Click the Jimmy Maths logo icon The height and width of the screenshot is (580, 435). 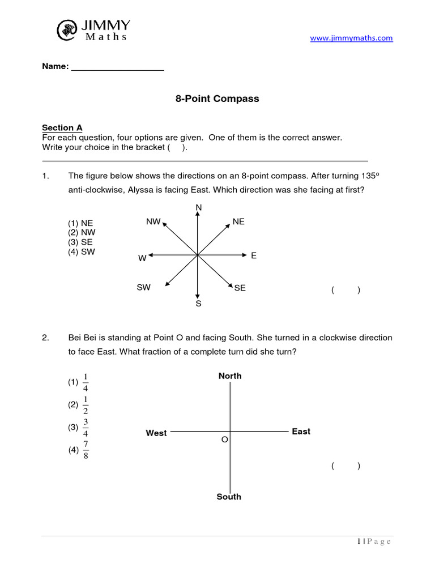click(x=67, y=29)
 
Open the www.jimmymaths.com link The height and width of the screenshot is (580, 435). click(x=351, y=38)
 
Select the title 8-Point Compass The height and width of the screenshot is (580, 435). click(x=217, y=99)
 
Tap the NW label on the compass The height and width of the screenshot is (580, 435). click(x=153, y=221)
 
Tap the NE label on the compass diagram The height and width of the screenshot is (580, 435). click(x=238, y=221)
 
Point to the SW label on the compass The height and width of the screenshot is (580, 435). click(x=143, y=288)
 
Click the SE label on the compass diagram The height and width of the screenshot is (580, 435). click(x=240, y=288)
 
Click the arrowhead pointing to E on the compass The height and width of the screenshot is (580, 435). click(x=244, y=255)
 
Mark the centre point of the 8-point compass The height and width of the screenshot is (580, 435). click(x=198, y=255)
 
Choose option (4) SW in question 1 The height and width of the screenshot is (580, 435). click(x=82, y=252)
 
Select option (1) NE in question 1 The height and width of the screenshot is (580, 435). click(x=81, y=223)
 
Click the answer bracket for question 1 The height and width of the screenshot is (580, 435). click(x=346, y=291)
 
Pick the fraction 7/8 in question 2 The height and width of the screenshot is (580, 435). click(x=86, y=451)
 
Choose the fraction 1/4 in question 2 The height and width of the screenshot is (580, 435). click(x=86, y=382)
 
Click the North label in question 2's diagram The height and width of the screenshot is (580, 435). click(x=230, y=376)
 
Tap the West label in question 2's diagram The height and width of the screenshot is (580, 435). click(x=156, y=433)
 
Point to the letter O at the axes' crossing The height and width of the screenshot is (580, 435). click(x=224, y=440)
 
